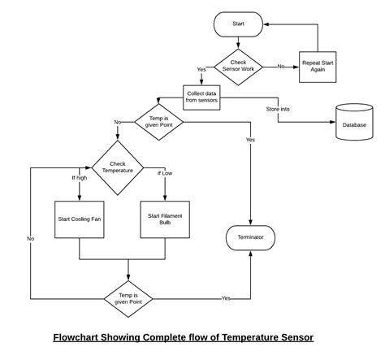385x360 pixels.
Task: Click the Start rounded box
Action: pyautogui.click(x=238, y=24)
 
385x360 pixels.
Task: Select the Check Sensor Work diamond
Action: pyautogui.click(x=238, y=66)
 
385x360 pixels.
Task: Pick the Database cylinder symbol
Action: pyautogui.click(x=353, y=122)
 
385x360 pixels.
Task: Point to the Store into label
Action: pyautogui.click(x=279, y=109)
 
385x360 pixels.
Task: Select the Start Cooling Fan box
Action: pyautogui.click(x=79, y=219)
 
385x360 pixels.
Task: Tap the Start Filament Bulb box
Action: pyautogui.click(x=165, y=219)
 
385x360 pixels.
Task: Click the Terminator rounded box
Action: pyautogui.click(x=250, y=237)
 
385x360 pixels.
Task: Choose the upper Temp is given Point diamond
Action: pyautogui.click(x=158, y=122)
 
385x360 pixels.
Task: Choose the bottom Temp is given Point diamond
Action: pyautogui.click(x=129, y=298)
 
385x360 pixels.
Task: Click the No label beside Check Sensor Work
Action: pyautogui.click(x=281, y=66)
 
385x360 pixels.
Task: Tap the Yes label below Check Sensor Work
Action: pyautogui.click(x=201, y=70)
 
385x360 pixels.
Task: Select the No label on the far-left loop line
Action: pyautogui.click(x=30, y=238)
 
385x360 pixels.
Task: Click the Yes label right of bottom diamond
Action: pyautogui.click(x=226, y=298)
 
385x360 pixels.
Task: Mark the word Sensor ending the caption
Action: pyautogui.click(x=293, y=337)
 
